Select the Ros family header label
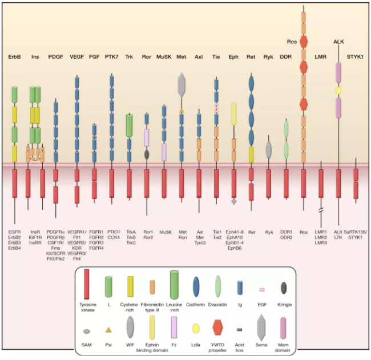pos(292,41)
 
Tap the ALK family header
pos(338,41)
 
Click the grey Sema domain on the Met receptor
pos(182,84)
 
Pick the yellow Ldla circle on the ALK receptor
pos(338,91)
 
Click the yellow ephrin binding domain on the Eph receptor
pos(233,114)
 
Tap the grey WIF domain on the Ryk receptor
pos(268,149)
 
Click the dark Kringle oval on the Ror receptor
pos(147,153)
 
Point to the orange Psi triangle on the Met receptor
pos(182,110)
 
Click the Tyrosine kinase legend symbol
pos(87,284)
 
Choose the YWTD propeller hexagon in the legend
pos(217,327)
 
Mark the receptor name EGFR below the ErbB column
pos(15,232)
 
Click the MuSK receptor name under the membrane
pos(164,232)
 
